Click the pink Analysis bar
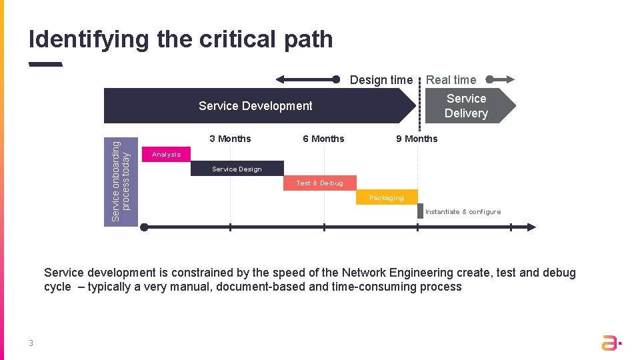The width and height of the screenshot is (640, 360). tap(166, 154)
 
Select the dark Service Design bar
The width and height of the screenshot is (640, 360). tap(237, 169)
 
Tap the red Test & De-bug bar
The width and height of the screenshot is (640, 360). tap(319, 183)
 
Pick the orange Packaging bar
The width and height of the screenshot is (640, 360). tap(387, 197)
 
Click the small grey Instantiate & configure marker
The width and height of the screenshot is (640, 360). tap(421, 211)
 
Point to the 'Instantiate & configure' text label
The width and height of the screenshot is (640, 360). tap(463, 212)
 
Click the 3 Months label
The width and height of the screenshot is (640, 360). tap(230, 139)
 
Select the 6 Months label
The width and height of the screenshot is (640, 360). tap(323, 139)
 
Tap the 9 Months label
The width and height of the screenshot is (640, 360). tap(417, 139)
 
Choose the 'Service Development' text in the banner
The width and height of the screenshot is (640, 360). tap(255, 106)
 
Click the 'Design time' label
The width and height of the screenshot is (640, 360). tap(381, 80)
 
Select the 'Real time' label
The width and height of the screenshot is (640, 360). tap(451, 80)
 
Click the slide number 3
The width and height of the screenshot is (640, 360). tap(31, 343)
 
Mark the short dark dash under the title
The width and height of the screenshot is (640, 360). tap(45, 65)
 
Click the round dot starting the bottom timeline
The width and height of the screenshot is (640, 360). tap(144, 227)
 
